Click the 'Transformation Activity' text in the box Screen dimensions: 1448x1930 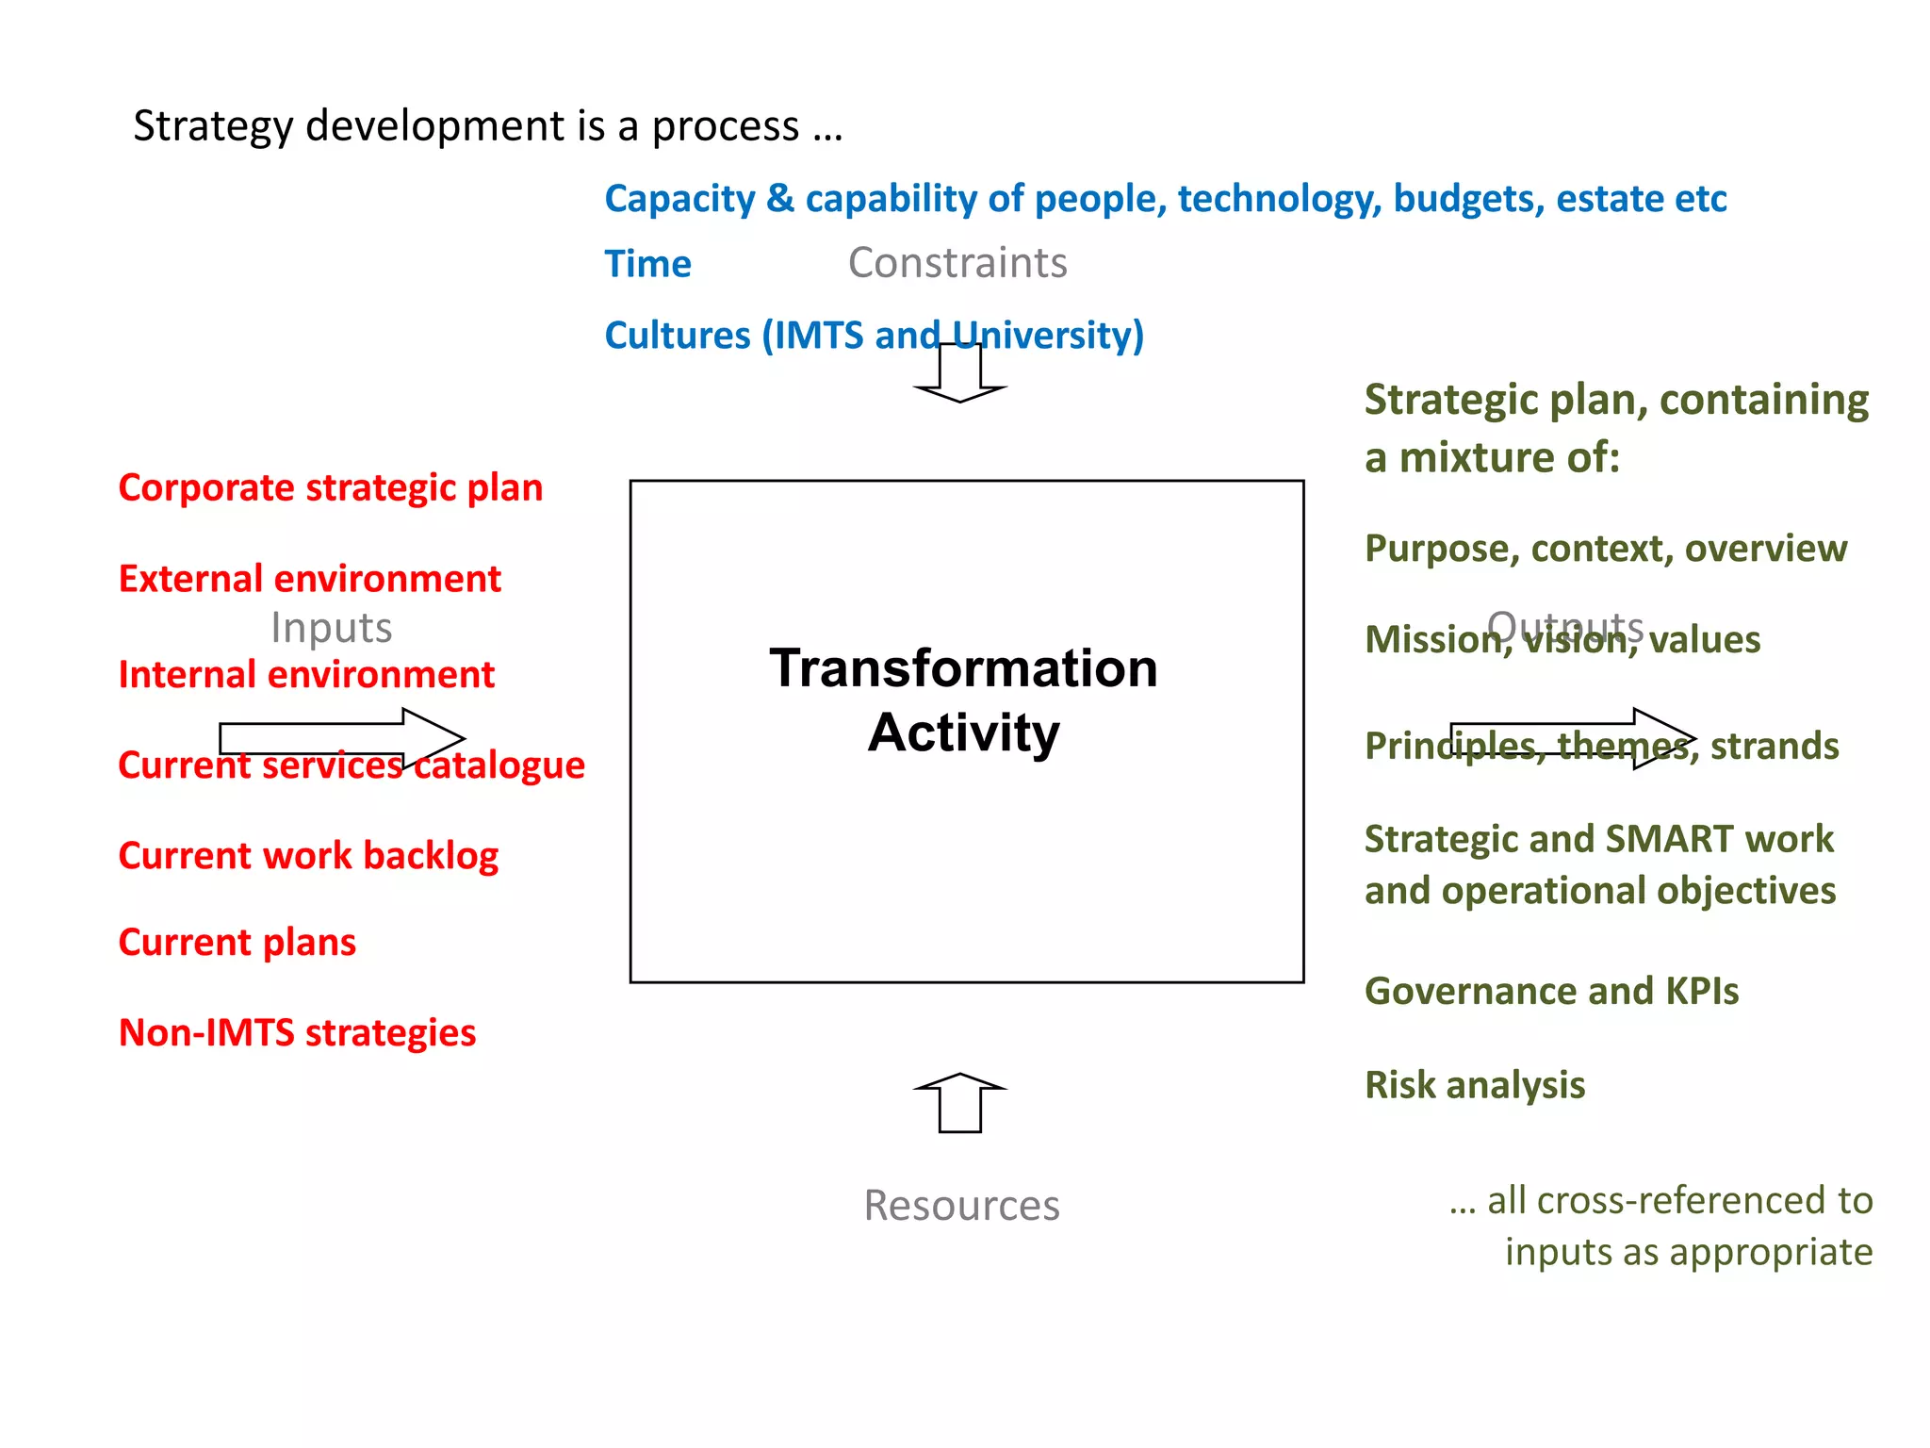pos(963,699)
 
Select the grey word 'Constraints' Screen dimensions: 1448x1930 pos(957,263)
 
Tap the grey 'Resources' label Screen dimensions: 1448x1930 pos(961,1206)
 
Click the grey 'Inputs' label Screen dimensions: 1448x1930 pos(331,628)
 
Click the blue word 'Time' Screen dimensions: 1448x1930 pos(647,264)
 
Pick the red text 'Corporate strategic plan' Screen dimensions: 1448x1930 pos(330,488)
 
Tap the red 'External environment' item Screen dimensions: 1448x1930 pos(309,579)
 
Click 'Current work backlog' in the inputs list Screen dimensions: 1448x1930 pos(308,856)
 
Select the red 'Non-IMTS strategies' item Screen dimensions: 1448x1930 pos(297,1033)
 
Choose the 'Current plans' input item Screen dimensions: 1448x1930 pos(237,943)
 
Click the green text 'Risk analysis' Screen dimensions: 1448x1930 pos(1475,1085)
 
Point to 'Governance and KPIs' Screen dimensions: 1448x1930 pos(1551,992)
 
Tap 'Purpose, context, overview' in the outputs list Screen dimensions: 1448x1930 pos(1605,549)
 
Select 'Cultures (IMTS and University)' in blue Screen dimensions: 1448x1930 pos(874,336)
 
